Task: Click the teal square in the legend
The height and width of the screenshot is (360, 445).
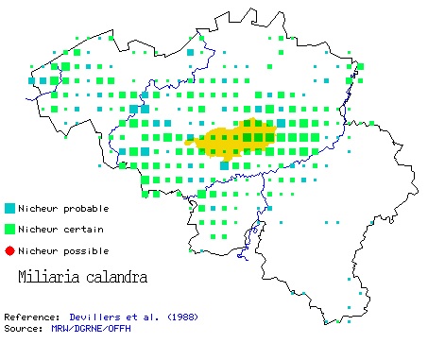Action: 9,208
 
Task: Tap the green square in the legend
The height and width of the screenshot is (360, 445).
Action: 9,229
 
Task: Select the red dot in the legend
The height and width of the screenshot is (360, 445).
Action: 9,250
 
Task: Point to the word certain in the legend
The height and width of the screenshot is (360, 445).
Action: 83,229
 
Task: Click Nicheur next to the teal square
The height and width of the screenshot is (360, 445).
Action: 42,208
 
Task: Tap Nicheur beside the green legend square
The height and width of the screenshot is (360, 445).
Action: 42,229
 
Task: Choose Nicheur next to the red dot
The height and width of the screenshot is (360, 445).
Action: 42,250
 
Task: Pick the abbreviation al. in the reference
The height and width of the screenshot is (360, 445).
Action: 156,317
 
